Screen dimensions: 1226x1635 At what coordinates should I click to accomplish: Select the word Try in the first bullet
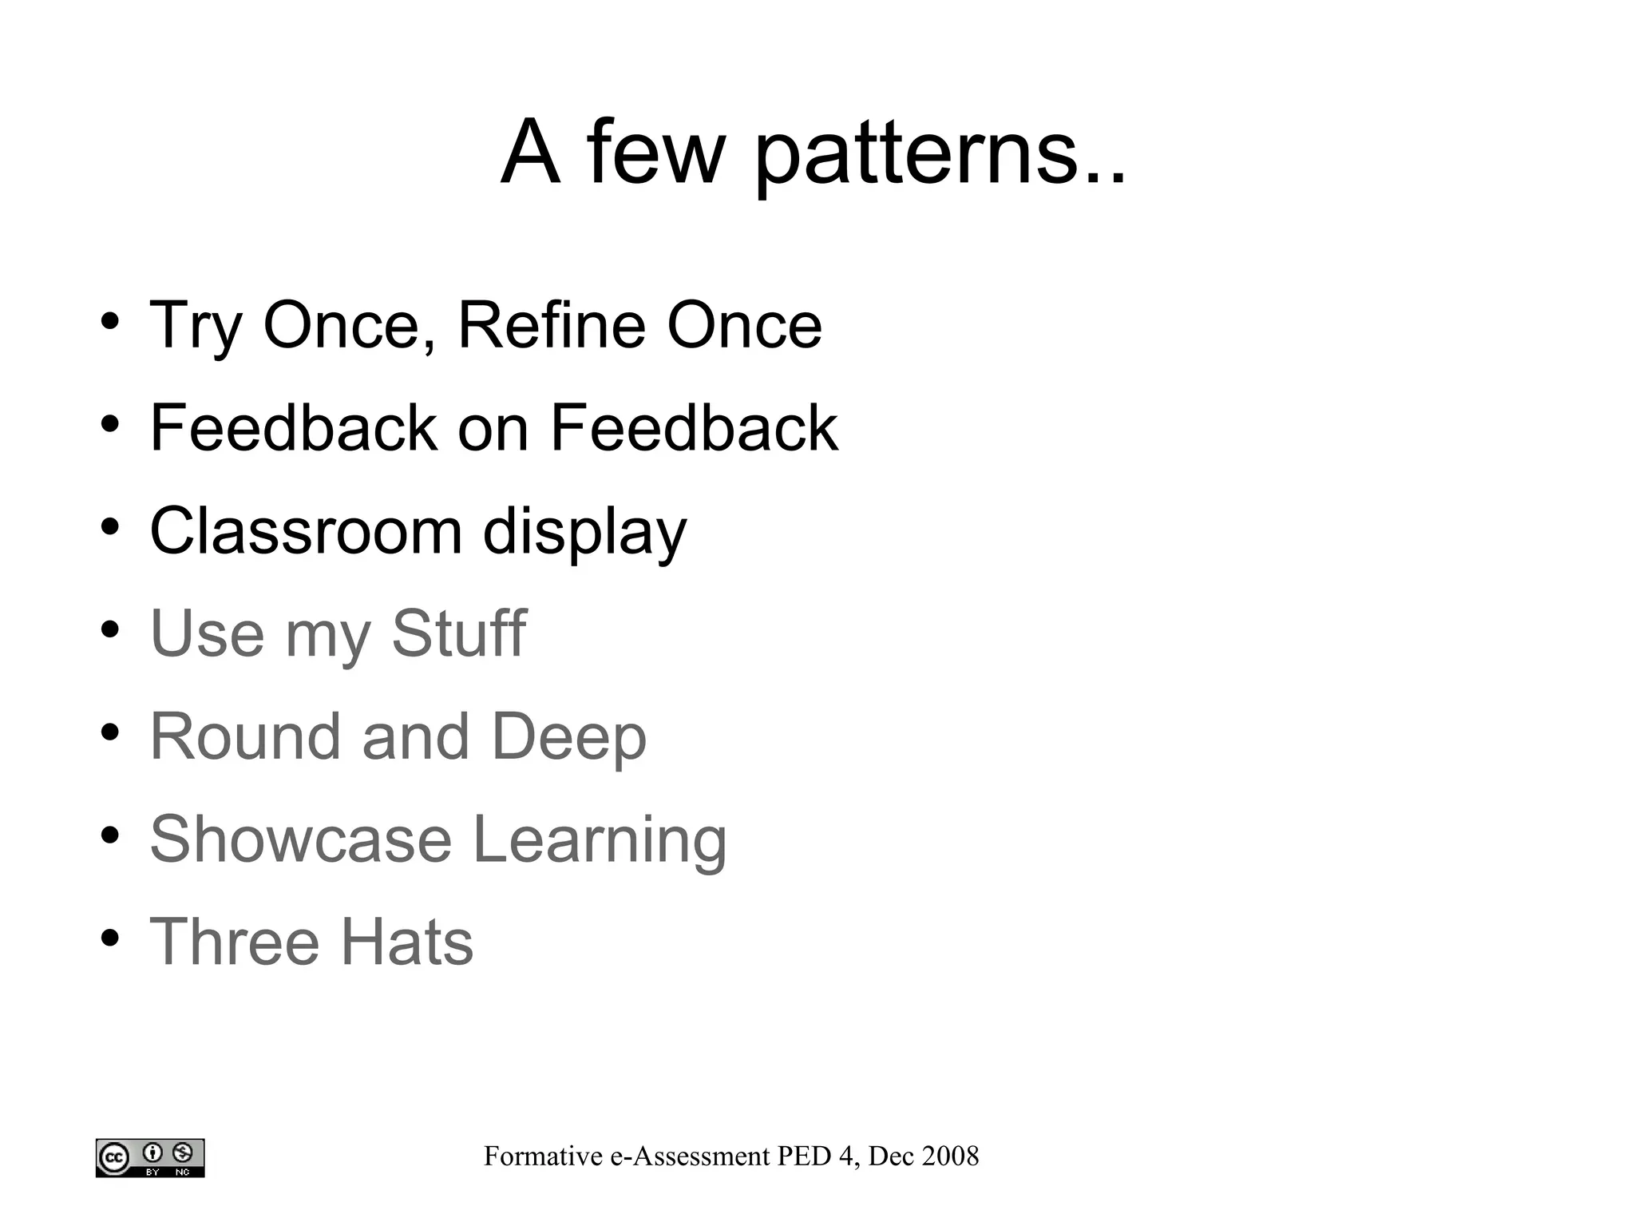(196, 326)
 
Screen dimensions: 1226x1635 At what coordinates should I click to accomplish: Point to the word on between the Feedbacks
(493, 428)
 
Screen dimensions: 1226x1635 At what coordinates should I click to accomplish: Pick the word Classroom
(306, 530)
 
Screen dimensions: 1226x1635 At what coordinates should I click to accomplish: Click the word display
(584, 532)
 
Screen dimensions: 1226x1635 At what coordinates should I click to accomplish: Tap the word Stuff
(458, 633)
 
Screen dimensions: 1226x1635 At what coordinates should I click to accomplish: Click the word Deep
(568, 737)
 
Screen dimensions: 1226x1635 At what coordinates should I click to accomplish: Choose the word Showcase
(301, 839)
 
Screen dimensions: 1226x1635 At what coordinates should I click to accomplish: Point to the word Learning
(600, 840)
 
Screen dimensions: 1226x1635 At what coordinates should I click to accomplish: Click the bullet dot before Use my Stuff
(110, 629)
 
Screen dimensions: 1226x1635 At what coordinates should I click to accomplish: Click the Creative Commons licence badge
(150, 1157)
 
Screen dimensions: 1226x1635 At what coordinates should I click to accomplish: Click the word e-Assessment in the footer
(690, 1156)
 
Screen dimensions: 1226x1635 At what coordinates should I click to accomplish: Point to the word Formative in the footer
(543, 1156)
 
